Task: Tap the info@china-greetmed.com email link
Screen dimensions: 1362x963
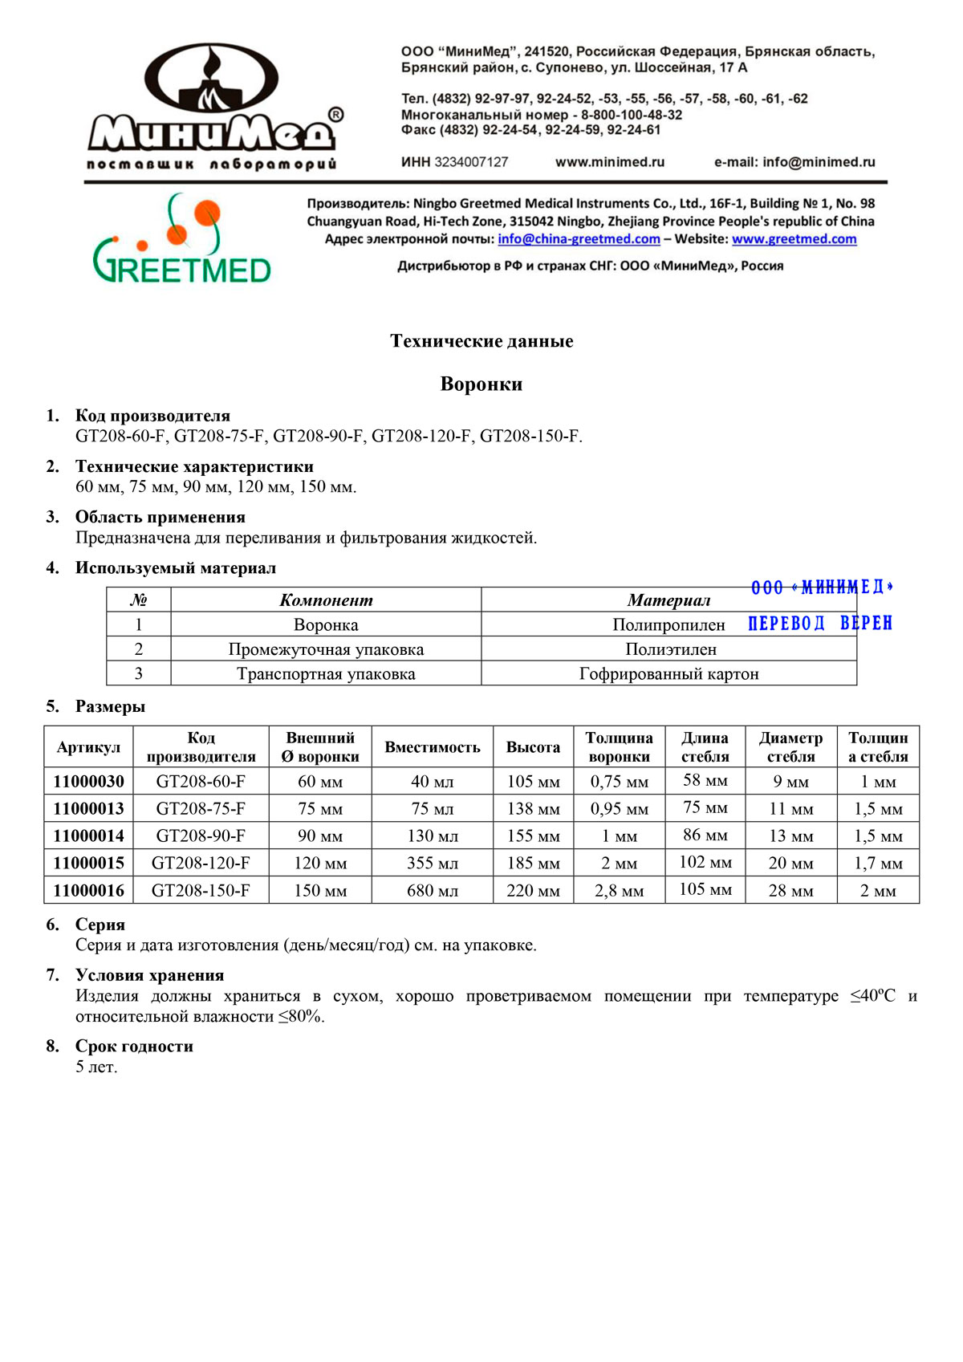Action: click(x=579, y=239)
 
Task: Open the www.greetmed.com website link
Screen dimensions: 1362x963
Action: click(x=794, y=239)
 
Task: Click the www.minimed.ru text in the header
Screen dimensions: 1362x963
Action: click(x=610, y=162)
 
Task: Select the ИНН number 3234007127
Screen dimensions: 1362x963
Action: click(x=471, y=162)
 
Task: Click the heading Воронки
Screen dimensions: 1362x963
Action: click(x=481, y=384)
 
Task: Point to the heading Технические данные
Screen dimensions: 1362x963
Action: click(x=481, y=341)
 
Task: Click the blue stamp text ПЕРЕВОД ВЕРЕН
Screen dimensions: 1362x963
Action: click(x=819, y=624)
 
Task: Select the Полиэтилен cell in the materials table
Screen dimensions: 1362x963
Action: click(x=670, y=649)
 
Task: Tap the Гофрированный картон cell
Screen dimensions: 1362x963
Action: click(x=668, y=674)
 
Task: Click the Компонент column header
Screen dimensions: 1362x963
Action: click(x=326, y=600)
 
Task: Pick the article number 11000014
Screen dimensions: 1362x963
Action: click(x=88, y=836)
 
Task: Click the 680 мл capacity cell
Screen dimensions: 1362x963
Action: click(x=432, y=891)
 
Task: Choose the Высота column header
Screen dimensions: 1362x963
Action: click(x=533, y=747)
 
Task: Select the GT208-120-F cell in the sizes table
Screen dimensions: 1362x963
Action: click(x=201, y=864)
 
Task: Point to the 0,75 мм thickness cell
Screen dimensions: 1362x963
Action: click(x=619, y=782)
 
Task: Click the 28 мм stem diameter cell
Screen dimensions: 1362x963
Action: click(x=790, y=891)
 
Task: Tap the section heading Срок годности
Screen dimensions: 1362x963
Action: click(x=134, y=1047)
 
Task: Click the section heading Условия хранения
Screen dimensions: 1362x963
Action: click(x=149, y=976)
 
